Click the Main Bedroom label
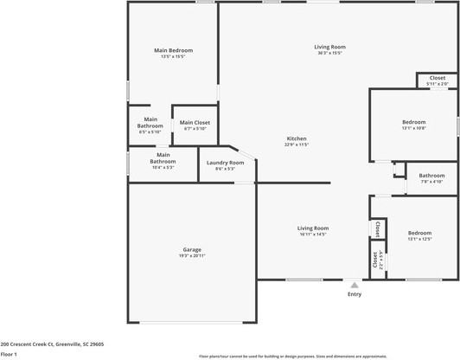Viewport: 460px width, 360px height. pyautogui.click(x=173, y=50)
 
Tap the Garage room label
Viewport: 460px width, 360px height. pyautogui.click(x=192, y=249)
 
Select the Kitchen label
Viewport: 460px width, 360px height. pyautogui.click(x=297, y=138)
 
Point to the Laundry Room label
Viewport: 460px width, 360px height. pyautogui.click(x=225, y=163)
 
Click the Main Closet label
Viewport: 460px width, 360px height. pyautogui.click(x=195, y=123)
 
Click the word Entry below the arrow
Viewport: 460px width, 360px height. pyautogui.click(x=355, y=294)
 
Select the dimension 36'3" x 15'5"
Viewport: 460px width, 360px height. pyautogui.click(x=329, y=53)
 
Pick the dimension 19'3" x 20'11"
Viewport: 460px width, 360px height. pyautogui.click(x=192, y=256)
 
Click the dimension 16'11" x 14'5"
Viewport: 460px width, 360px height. pyautogui.click(x=313, y=235)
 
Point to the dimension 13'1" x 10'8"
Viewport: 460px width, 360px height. pyautogui.click(x=414, y=128)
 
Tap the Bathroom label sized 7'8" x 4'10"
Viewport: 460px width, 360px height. pyautogui.click(x=431, y=176)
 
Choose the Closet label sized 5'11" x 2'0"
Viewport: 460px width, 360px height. pyautogui.click(x=438, y=78)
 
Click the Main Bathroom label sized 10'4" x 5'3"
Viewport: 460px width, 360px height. pyautogui.click(x=163, y=158)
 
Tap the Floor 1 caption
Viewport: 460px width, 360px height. pyautogui.click(x=10, y=354)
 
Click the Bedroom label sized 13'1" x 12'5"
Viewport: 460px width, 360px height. pyautogui.click(x=419, y=233)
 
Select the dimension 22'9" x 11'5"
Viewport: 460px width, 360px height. pyautogui.click(x=297, y=145)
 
